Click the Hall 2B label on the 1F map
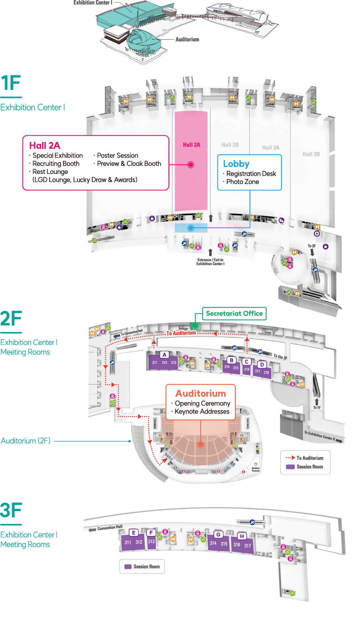pyautogui.click(x=230, y=145)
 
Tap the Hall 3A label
pyautogui.click(x=271, y=148)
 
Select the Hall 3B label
pyautogui.click(x=311, y=154)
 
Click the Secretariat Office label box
pyautogui.click(x=234, y=313)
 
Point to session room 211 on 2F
pyautogui.click(x=155, y=363)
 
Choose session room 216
pyautogui.click(x=247, y=369)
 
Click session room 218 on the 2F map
pyautogui.click(x=266, y=373)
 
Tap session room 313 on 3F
pyautogui.click(x=151, y=541)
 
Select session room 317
pyautogui.click(x=248, y=546)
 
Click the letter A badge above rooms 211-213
pyautogui.click(x=164, y=354)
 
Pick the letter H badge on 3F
pyautogui.click(x=242, y=536)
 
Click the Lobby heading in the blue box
pyautogui.click(x=236, y=164)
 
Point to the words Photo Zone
pyautogui.click(x=243, y=182)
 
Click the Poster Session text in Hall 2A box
pyautogui.click(x=118, y=155)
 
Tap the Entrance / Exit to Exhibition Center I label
pyautogui.click(x=210, y=262)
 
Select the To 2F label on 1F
pyautogui.click(x=312, y=246)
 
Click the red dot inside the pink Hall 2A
pyautogui.click(x=191, y=165)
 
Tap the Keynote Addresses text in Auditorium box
pyautogui.click(x=202, y=412)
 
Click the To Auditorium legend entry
pyautogui.click(x=309, y=458)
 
